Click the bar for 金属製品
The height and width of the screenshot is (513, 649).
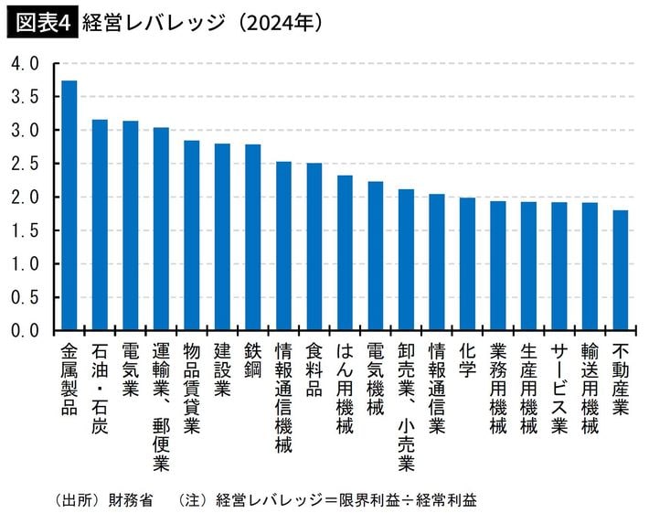coord(69,206)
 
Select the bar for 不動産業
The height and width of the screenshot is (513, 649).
coord(621,271)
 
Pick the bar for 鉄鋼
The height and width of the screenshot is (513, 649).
coord(253,238)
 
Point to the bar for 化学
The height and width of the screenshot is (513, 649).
coord(467,264)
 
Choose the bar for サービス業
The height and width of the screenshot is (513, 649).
coord(559,266)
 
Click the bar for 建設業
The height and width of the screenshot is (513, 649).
coord(222,237)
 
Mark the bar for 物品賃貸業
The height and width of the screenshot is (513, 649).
coord(192,236)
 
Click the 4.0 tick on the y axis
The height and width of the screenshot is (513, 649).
coord(25,64)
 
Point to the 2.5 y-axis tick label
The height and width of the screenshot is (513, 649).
coord(25,164)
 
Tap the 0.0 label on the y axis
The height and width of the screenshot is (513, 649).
coord(25,330)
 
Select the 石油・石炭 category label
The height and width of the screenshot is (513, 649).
coord(100,389)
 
